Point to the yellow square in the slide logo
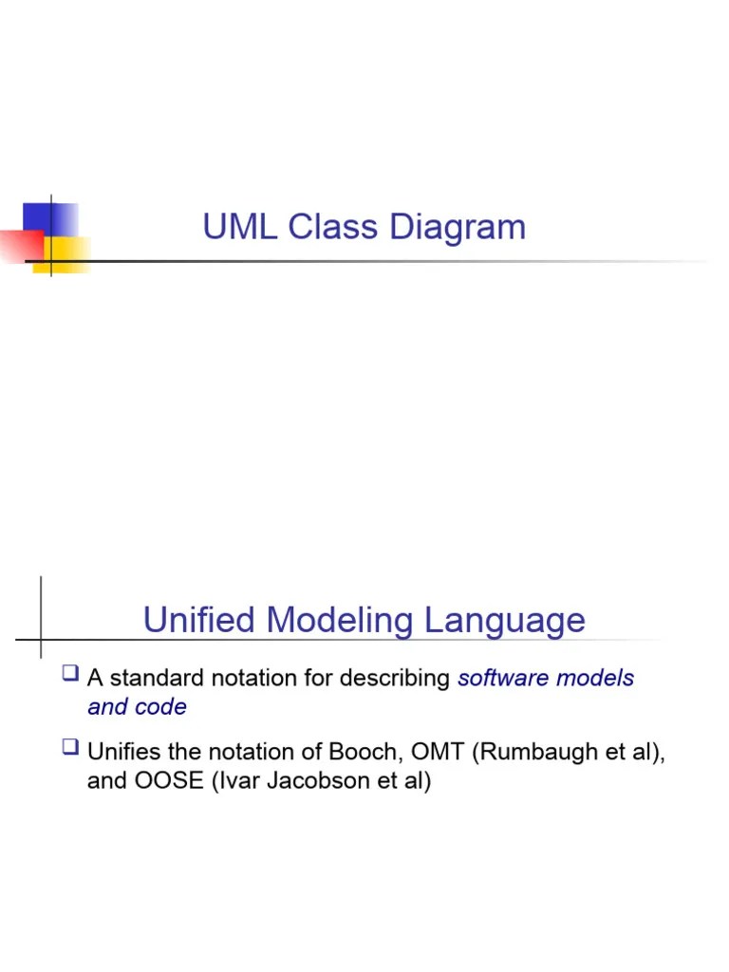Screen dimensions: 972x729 pyautogui.click(x=63, y=254)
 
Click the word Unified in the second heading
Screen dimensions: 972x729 pyautogui.click(x=199, y=621)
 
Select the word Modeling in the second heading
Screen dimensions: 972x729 pyautogui.click(x=341, y=621)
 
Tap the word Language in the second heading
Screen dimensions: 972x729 pyautogui.click(x=505, y=621)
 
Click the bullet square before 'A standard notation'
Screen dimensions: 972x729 pyautogui.click(x=68, y=675)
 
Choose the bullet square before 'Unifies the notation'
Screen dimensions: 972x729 pyautogui.click(x=68, y=748)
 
